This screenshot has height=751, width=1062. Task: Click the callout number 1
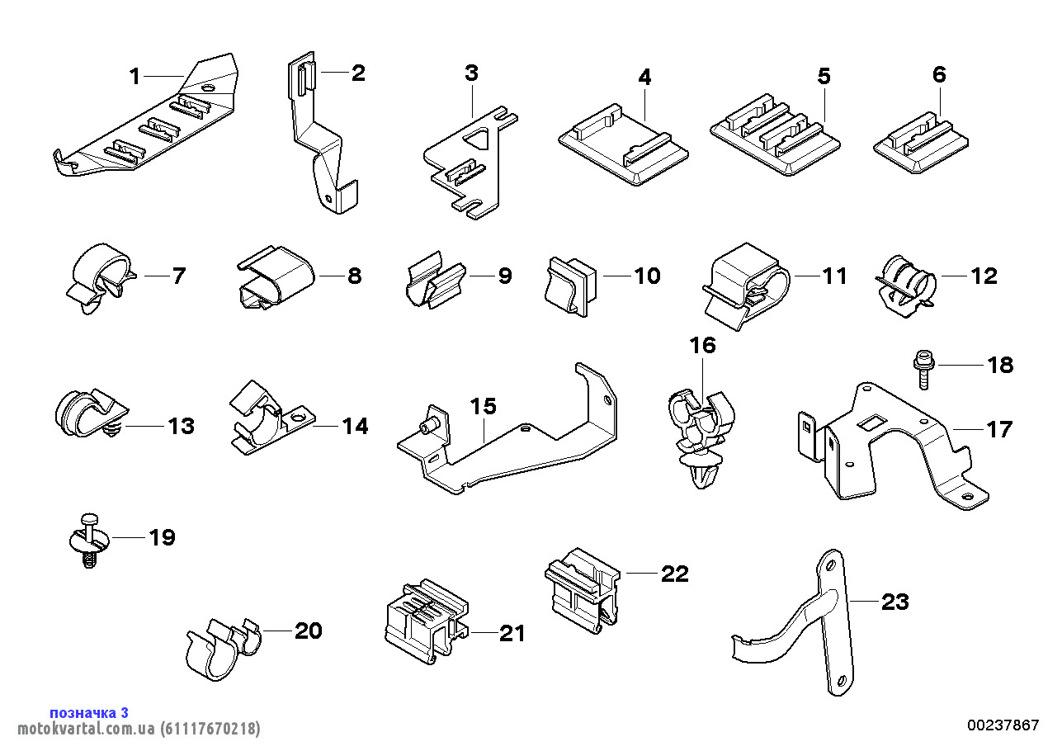[135, 77]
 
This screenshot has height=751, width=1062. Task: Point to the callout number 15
[484, 406]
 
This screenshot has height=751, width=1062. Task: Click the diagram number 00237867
[1003, 725]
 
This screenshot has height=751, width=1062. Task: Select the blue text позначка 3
[89, 712]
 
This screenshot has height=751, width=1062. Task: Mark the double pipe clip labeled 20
[220, 648]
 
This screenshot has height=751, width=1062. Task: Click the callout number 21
[512, 633]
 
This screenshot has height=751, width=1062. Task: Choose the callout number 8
[354, 276]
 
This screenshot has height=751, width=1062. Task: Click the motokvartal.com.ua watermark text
[139, 729]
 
